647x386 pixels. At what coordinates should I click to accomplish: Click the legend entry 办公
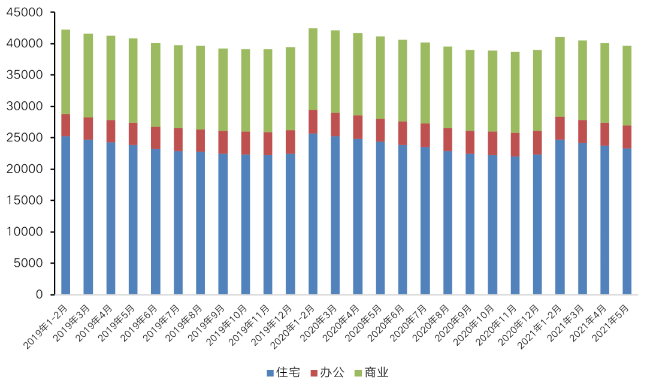click(x=327, y=373)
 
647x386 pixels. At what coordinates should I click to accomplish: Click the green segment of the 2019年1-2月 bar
click(x=66, y=72)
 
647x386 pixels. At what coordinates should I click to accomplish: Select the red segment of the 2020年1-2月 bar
click(x=313, y=122)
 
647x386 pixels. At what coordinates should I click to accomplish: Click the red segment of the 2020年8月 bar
click(x=448, y=139)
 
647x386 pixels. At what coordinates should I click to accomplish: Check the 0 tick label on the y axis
click(x=40, y=294)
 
